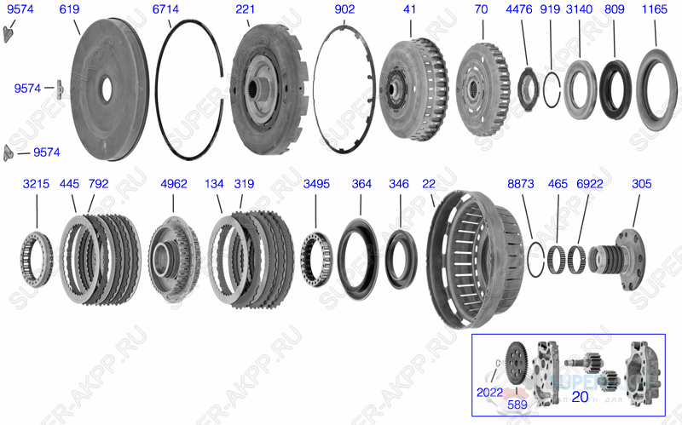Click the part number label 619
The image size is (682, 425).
(70, 9)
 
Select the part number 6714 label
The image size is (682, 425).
(166, 9)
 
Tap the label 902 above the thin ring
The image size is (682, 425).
(345, 9)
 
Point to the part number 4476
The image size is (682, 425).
(518, 9)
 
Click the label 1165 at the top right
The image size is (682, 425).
(655, 9)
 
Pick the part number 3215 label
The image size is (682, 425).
(36, 184)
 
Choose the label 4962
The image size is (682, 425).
(174, 184)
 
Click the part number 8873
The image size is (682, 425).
(521, 184)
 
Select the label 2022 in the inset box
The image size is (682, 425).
(490, 393)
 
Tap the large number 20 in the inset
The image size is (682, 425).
(580, 396)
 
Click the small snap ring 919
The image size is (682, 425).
(552, 88)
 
